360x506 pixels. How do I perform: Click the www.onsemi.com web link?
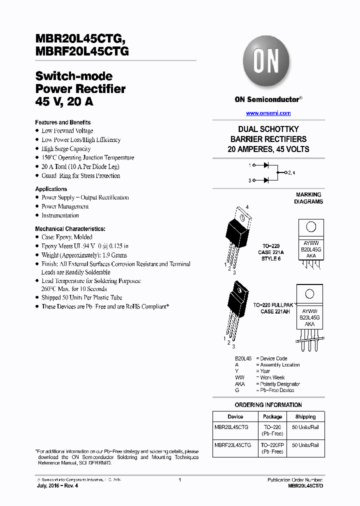point(268,113)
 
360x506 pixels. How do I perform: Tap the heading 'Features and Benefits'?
point(62,122)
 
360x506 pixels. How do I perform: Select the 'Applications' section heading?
point(51,189)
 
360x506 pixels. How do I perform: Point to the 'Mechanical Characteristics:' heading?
point(70,228)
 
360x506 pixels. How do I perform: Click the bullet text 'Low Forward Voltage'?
point(67,131)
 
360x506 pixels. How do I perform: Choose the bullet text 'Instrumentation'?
point(60,215)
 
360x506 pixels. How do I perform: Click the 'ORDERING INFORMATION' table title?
point(268,405)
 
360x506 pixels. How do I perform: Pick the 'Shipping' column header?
point(305,416)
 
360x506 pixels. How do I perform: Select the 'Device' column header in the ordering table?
point(235,416)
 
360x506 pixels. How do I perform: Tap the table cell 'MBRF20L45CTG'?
point(232,445)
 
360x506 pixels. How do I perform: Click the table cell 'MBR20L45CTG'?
point(231,427)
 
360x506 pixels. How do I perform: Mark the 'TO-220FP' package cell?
point(272,445)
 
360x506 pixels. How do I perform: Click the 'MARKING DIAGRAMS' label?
point(309,198)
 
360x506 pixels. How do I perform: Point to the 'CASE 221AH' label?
point(274,311)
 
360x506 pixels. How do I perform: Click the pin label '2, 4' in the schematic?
point(291,172)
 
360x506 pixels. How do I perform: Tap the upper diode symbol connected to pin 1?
point(266,164)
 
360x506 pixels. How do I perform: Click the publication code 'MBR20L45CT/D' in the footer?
point(305,486)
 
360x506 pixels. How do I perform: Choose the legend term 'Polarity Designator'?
point(280,384)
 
